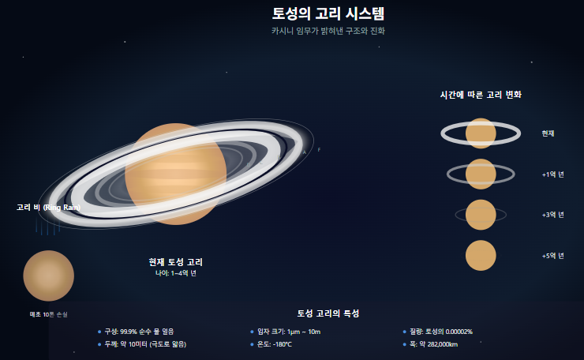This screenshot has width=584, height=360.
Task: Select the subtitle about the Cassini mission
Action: pos(328,31)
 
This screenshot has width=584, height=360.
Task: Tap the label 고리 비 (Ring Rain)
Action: pos(48,207)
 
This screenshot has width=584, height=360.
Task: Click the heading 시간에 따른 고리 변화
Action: pos(481,94)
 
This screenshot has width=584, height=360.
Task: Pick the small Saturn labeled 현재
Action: pos(481,133)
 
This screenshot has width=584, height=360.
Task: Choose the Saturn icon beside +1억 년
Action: pos(481,174)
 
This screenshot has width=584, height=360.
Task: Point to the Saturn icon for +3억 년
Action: pos(481,215)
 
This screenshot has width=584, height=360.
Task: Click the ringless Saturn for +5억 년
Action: pos(481,256)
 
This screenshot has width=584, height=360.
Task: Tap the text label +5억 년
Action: pos(552,256)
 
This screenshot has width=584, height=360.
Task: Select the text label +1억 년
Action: pos(552,174)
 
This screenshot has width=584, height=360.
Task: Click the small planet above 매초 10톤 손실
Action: pos(48,276)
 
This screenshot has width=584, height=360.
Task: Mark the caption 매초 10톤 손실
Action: pos(48,314)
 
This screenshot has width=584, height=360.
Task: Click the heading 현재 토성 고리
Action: pos(181,261)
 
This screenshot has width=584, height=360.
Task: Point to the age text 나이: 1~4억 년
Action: pos(176,273)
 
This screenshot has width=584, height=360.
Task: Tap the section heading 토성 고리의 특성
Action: pos(328,313)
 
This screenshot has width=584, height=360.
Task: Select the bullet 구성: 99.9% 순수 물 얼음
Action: pos(139,332)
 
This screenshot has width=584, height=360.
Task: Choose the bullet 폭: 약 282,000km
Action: pos(433,344)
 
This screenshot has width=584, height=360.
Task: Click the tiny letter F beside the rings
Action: pos(319,149)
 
